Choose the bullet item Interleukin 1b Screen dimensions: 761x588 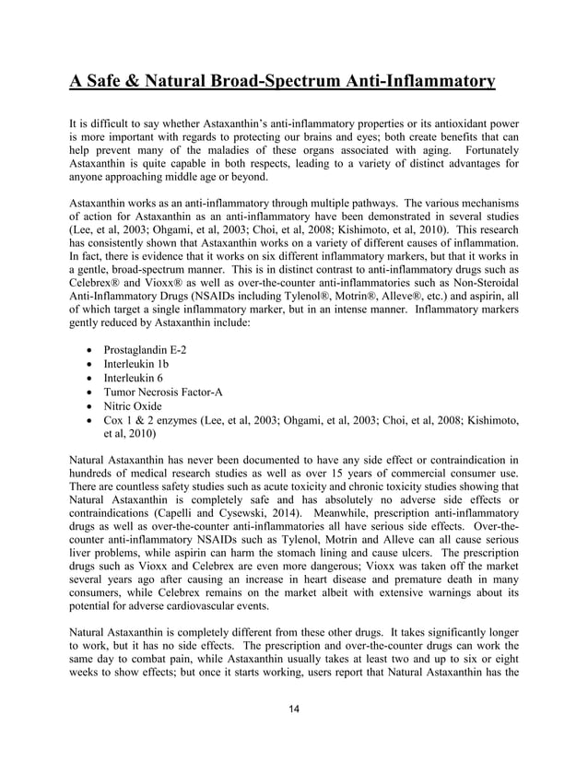(x=143, y=366)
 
